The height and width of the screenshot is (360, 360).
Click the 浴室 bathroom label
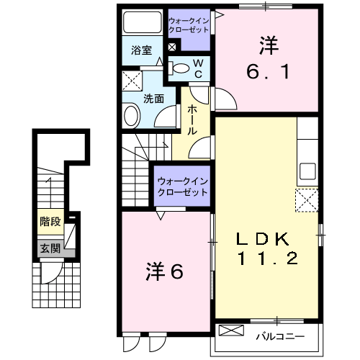141,51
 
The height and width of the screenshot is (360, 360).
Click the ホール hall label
194,120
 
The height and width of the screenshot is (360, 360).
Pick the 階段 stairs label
50,222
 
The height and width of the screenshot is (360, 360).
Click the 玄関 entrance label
50,250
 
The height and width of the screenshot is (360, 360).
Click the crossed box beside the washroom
131,78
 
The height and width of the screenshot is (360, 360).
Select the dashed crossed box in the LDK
307,199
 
